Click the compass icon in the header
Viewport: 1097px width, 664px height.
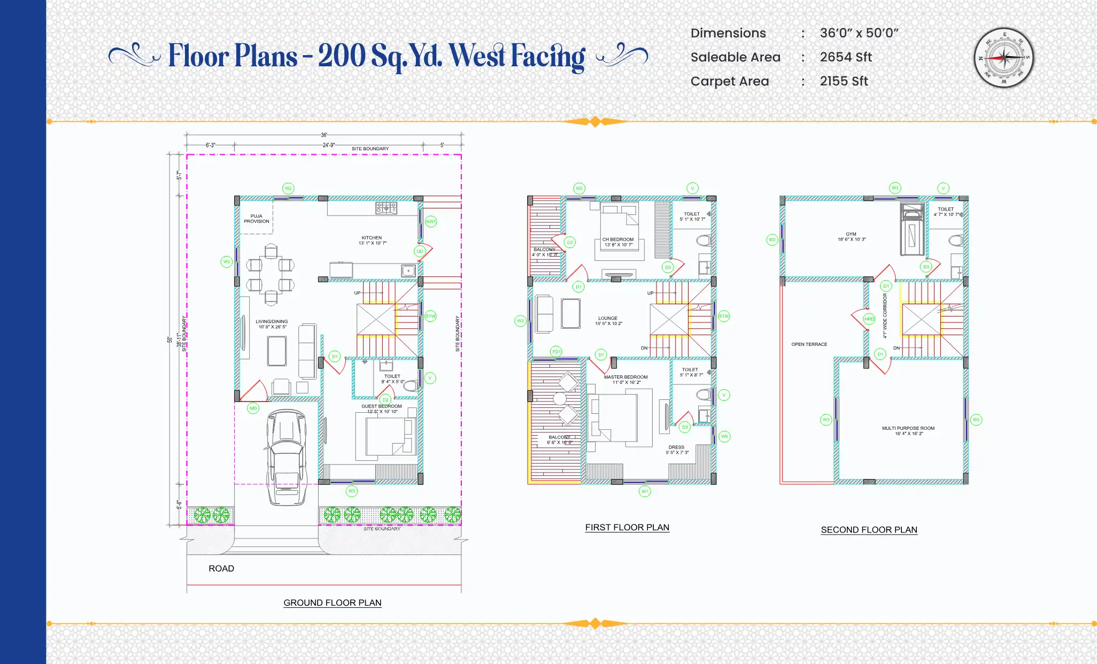click(x=1003, y=58)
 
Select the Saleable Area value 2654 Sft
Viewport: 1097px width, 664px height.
click(x=846, y=57)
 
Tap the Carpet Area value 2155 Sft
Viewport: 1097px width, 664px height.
click(x=844, y=81)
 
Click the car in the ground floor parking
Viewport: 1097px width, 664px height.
click(x=287, y=457)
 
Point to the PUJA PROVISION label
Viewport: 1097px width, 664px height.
click(x=257, y=219)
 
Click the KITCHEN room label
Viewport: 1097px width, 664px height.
click(x=372, y=238)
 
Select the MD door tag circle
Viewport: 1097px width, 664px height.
click(x=253, y=408)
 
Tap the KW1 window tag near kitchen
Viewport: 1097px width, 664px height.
click(x=431, y=221)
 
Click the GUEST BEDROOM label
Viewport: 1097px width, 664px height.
click(x=381, y=406)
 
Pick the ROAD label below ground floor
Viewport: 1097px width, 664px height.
click(x=221, y=568)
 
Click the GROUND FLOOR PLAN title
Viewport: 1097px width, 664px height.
click(x=332, y=603)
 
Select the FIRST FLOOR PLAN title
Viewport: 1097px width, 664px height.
click(x=627, y=527)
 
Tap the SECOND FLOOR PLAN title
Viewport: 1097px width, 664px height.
click(x=869, y=530)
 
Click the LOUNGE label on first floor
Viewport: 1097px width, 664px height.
click(x=608, y=318)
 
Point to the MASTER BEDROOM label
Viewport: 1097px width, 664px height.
click(x=625, y=377)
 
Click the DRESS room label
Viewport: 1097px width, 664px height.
click(x=676, y=447)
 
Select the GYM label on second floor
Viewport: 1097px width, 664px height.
click(x=851, y=234)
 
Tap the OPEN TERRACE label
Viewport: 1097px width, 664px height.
click(x=809, y=344)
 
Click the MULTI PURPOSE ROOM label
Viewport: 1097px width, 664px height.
click(x=908, y=428)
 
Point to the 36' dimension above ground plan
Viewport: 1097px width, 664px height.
click(x=324, y=135)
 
